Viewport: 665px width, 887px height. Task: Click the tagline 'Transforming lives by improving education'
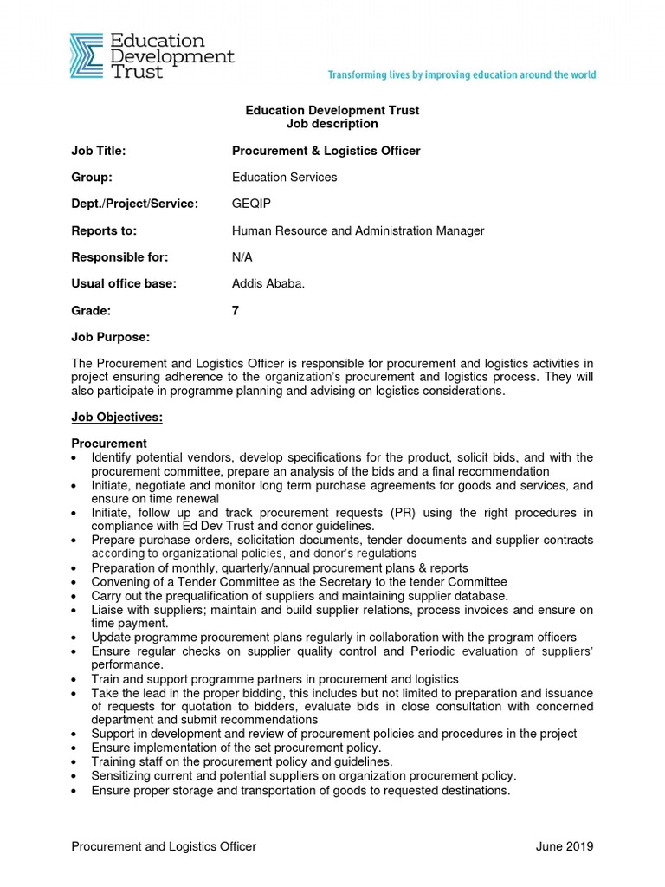pos(462,75)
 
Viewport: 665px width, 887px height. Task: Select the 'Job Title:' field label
pos(99,151)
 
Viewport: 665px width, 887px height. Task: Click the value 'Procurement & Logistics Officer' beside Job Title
pos(326,151)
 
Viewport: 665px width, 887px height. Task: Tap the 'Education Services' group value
pos(284,178)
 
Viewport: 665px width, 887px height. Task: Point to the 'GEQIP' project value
pos(250,204)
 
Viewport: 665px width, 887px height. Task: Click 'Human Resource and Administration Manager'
pos(358,230)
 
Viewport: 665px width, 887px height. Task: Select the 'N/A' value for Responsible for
pos(242,257)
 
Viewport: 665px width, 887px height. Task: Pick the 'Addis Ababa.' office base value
pos(268,283)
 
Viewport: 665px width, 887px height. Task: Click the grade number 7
pos(236,310)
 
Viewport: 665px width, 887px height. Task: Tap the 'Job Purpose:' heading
pos(110,336)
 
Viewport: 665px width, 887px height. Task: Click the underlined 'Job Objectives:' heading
pos(116,418)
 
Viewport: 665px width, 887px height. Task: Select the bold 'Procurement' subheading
pos(109,443)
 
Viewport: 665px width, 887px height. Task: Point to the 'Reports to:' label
pos(104,230)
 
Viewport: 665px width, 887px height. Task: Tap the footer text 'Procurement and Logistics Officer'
pos(164,846)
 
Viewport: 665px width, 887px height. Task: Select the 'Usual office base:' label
pos(123,283)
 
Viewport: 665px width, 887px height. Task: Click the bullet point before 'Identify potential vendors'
pos(77,458)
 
